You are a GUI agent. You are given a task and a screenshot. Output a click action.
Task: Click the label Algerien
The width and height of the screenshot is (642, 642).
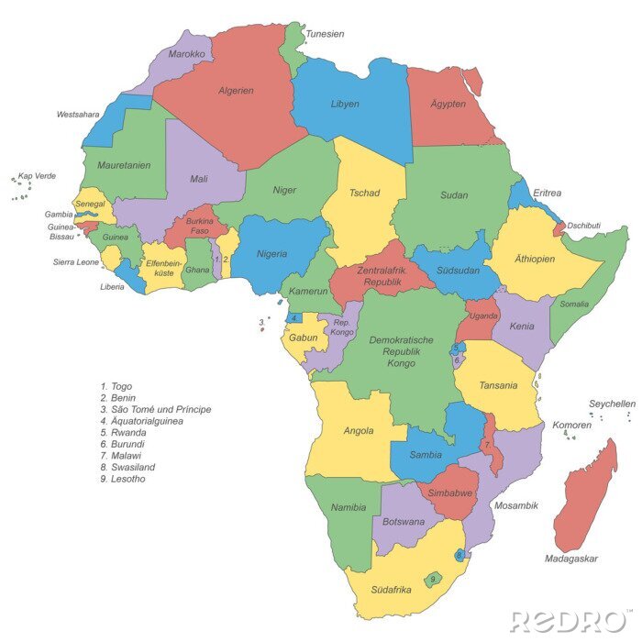tap(236, 91)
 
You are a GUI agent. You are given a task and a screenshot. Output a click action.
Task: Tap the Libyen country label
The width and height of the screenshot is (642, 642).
tap(345, 104)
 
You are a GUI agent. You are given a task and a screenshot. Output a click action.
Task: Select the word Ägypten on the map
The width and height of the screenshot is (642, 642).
tap(448, 104)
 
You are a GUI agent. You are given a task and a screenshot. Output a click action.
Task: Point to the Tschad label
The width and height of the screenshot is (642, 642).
tap(364, 194)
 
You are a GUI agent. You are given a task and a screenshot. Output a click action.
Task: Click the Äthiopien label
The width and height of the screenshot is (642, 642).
tap(535, 259)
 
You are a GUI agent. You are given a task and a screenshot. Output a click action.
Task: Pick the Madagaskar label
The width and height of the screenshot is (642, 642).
tap(570, 559)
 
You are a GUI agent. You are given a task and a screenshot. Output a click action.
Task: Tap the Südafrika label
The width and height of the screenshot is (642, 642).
tap(390, 590)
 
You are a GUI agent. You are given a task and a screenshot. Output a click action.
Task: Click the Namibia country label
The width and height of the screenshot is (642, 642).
tap(349, 507)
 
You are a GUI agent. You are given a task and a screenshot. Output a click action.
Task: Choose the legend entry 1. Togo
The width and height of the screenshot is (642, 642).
tap(116, 386)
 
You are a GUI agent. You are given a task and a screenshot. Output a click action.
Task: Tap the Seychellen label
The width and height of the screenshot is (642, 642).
tap(612, 404)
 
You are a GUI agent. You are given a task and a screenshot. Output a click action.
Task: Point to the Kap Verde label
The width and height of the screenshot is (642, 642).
tap(38, 175)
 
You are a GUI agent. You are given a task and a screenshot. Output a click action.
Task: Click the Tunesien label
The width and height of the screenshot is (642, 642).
tap(325, 34)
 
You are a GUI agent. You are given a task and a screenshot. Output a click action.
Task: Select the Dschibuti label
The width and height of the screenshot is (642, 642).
tap(583, 226)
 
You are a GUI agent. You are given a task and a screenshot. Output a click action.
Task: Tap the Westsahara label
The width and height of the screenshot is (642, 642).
tap(78, 116)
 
